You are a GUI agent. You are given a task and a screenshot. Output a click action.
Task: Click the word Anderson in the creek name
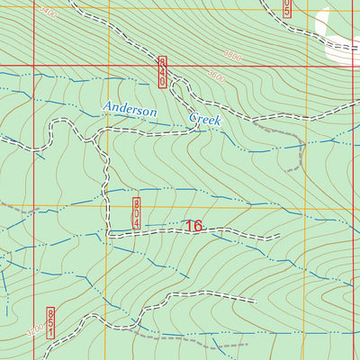pos(130,108)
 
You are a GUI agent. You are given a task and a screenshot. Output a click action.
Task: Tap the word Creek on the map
pos(204,119)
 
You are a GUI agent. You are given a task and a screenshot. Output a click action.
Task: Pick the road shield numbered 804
pos(137,214)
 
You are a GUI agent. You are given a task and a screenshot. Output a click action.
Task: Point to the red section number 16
pos(193,227)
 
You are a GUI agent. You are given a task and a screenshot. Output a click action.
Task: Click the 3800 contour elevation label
pos(232,56)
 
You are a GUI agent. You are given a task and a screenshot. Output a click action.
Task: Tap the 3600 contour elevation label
pos(217,79)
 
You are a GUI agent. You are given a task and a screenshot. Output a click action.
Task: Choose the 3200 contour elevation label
pos(34,329)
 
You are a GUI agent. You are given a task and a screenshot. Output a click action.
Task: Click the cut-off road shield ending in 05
pos(286,9)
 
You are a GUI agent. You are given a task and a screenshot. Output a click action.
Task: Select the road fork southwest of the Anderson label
pos(95,136)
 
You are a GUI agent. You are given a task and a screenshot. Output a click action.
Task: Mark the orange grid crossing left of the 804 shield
pos(109,208)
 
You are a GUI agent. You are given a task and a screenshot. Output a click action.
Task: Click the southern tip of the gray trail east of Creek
pos(286,170)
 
